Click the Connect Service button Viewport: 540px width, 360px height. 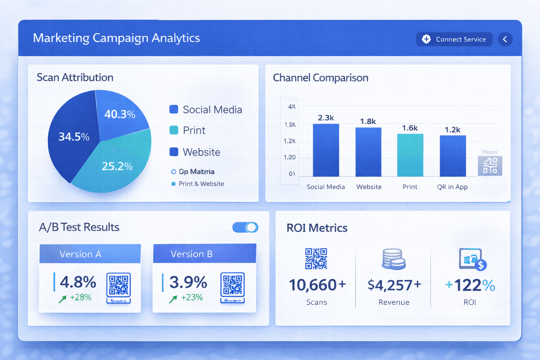click(x=454, y=39)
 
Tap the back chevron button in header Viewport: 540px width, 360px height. click(x=505, y=39)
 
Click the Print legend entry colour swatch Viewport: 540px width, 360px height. click(x=174, y=130)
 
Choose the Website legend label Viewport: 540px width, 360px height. click(x=201, y=152)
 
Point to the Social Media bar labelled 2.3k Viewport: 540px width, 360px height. click(x=326, y=150)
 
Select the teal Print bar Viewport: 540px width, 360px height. click(x=410, y=155)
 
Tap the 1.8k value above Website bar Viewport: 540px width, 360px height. click(x=368, y=121)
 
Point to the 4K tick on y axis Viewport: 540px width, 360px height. click(x=291, y=107)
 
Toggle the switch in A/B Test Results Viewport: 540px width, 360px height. click(x=245, y=227)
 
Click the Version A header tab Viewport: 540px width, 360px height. click(x=90, y=254)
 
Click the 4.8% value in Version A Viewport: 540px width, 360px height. click(x=78, y=282)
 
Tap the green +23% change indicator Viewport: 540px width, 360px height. click(x=192, y=297)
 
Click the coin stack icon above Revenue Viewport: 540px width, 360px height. click(x=393, y=259)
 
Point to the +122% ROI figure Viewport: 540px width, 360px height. click(x=470, y=285)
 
